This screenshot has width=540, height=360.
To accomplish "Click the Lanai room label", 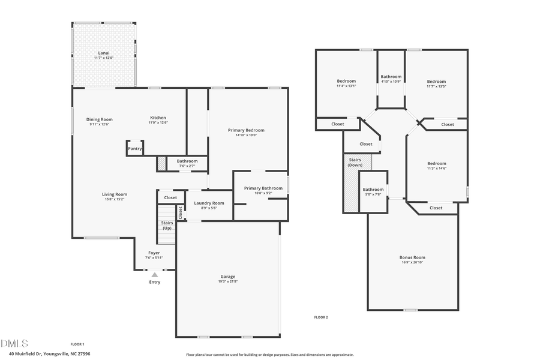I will [104, 53].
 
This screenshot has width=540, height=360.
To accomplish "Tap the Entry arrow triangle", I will [154, 275].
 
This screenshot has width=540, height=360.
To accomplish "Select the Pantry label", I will [135, 149].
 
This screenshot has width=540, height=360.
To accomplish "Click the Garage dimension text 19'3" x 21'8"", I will [227, 281].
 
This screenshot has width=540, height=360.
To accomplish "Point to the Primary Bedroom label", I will [246, 130].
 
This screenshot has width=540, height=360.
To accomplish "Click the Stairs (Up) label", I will [167, 226].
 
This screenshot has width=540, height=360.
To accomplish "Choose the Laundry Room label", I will [209, 203].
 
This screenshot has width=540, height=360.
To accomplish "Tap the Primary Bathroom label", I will [263, 188].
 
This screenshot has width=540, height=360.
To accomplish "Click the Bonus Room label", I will [412, 257].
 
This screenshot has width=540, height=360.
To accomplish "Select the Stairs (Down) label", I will [355, 162].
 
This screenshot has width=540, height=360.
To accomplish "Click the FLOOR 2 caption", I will [321, 317].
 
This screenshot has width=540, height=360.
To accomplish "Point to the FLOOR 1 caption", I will [77, 344].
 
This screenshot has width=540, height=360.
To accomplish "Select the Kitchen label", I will [158, 118].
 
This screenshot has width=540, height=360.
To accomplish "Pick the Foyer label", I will [154, 253].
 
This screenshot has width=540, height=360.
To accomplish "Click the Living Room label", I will [114, 194].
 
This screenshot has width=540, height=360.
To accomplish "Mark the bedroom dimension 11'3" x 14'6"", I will [436, 169].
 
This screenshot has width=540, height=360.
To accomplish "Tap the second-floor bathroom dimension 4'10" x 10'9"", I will [391, 82].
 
